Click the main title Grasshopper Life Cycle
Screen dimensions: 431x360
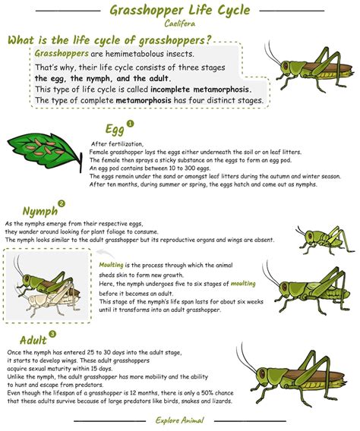point(180,11)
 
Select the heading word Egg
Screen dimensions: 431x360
point(115,130)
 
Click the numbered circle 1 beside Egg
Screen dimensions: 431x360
point(130,123)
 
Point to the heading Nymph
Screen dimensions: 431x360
point(39,210)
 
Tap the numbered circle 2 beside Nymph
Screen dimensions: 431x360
point(62,203)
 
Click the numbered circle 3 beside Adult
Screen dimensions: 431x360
point(52,333)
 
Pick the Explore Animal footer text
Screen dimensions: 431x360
point(179,420)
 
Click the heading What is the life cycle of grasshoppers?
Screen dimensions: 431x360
point(109,40)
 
